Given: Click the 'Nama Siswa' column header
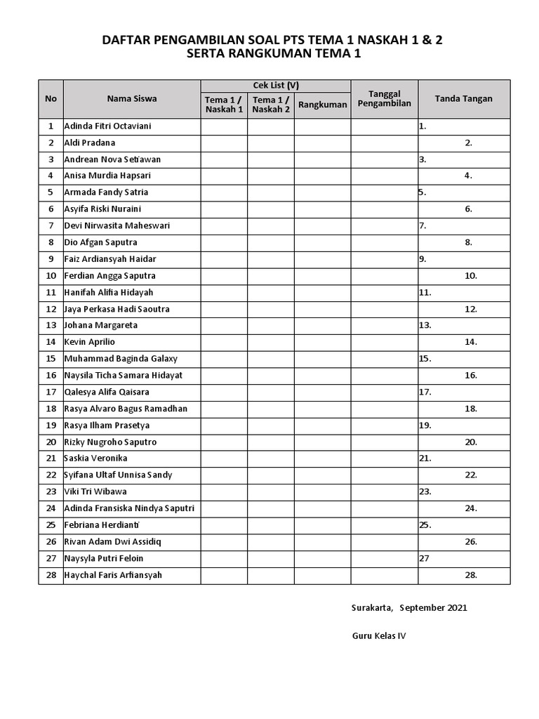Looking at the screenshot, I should [132, 99].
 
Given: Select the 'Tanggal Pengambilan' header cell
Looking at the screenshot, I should [384, 99].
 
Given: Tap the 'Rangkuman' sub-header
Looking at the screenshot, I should [322, 105].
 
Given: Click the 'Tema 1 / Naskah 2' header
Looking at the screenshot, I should [270, 105].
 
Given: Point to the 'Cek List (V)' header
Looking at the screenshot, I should [276, 86].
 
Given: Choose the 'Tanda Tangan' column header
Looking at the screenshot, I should [463, 99].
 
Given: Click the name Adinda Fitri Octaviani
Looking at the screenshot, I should [107, 126].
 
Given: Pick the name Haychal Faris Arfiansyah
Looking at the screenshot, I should [113, 575].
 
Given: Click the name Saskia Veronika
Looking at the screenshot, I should [95, 459].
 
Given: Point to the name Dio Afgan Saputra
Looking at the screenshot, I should [100, 242].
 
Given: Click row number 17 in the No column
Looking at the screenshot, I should [51, 392].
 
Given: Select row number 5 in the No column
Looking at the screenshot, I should [51, 192].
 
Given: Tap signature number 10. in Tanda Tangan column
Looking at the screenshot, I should [471, 276].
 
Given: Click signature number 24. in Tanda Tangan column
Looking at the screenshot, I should [471, 508].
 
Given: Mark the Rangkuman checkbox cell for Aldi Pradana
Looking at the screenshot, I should [322, 143].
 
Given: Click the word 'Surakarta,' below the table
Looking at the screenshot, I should [372, 608].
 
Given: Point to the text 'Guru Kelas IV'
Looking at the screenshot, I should [379, 636].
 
